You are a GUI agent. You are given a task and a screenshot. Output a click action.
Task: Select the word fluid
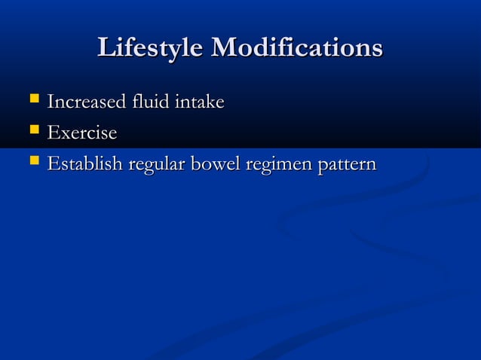(146, 101)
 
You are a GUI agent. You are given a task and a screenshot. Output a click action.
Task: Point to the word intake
(199, 101)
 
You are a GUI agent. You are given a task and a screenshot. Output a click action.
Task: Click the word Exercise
(81, 133)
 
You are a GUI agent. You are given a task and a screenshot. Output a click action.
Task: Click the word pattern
(347, 164)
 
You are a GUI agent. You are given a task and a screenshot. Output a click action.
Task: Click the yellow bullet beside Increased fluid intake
(32, 99)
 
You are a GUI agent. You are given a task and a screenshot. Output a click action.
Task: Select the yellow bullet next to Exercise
(32, 131)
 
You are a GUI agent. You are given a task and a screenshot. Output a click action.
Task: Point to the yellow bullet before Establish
(32, 162)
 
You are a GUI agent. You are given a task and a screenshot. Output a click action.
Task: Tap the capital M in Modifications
(226, 47)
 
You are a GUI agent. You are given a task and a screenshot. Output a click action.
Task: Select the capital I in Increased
(51, 101)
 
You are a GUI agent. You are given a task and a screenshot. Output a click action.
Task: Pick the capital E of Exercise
(53, 133)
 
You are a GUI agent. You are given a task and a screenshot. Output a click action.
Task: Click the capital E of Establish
(53, 163)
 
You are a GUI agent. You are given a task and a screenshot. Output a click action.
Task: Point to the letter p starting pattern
(323, 166)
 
